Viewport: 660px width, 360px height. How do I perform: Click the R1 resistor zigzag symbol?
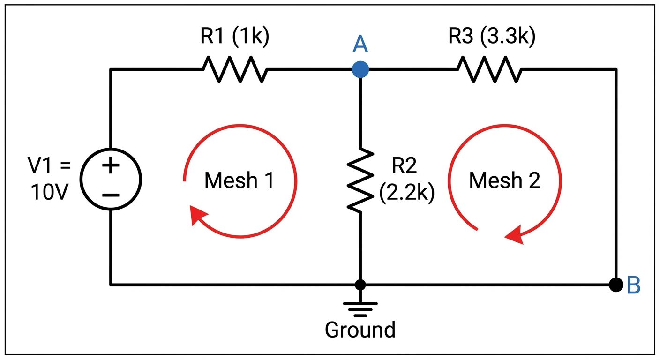[235, 70]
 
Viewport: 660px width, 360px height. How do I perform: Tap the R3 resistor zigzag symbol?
[489, 70]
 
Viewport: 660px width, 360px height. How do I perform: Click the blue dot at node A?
[360, 70]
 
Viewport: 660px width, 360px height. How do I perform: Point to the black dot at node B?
[616, 284]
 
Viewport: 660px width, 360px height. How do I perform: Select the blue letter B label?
[633, 285]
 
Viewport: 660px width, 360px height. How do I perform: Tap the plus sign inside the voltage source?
[111, 166]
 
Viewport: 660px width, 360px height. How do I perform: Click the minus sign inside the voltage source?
[111, 195]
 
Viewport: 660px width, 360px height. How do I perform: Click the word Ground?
[360, 330]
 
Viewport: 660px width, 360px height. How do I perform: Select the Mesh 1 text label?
[239, 180]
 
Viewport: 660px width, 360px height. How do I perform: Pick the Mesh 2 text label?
[505, 180]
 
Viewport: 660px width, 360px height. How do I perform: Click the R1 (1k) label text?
[235, 37]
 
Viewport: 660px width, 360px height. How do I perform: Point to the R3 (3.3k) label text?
[492, 37]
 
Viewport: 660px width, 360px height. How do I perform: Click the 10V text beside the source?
[47, 192]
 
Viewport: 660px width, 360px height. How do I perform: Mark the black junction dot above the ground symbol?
[360, 285]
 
